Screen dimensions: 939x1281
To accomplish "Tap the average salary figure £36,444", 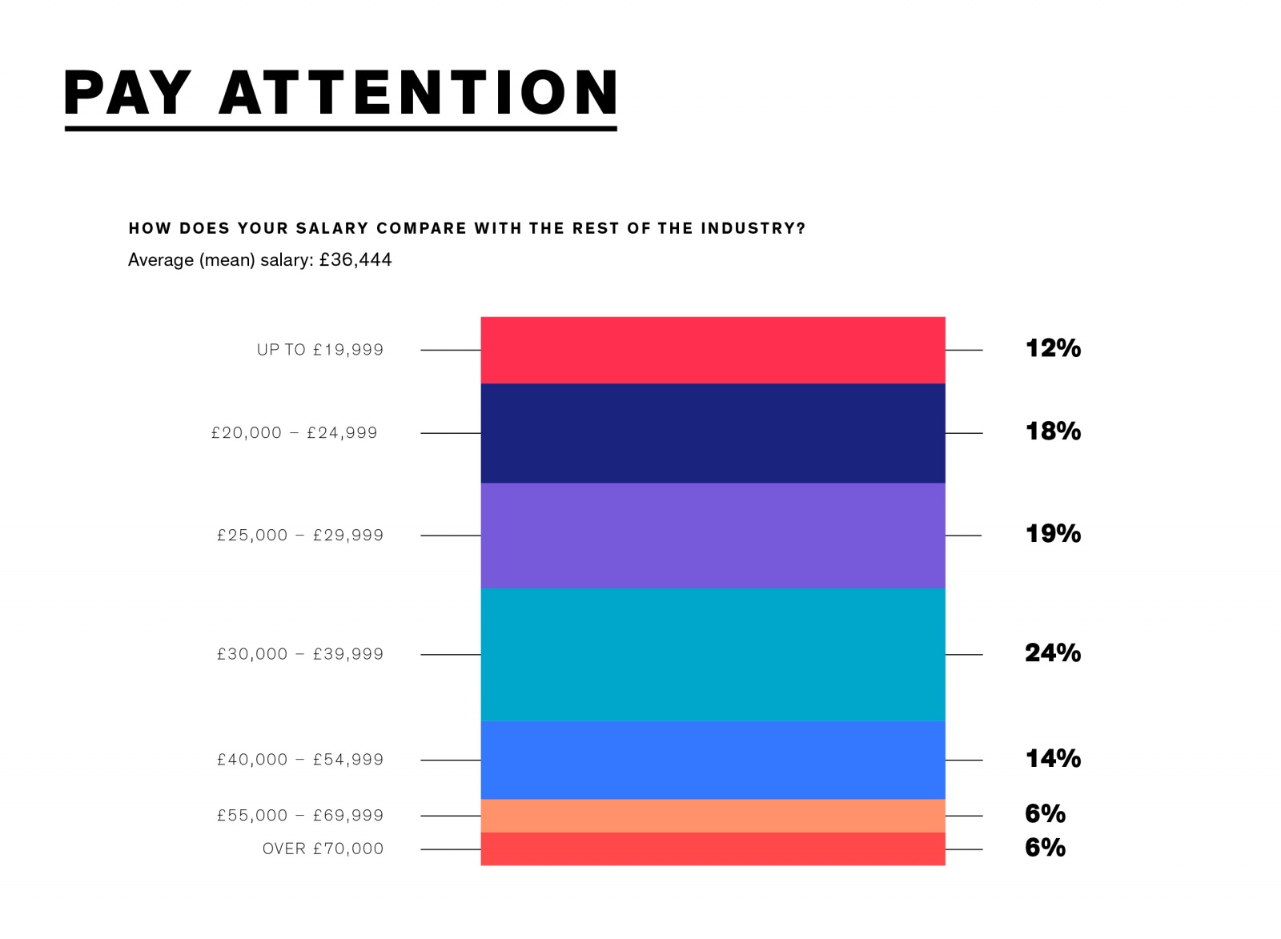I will pyautogui.click(x=355, y=260).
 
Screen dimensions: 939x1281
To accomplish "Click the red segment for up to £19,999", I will pyautogui.click(x=713, y=350).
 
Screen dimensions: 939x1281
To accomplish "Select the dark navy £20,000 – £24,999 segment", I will pyautogui.click(x=713, y=433).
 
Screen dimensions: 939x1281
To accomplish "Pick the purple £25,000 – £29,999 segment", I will pyautogui.click(x=713, y=535).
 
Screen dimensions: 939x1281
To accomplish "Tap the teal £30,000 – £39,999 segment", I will pyautogui.click(x=713, y=654).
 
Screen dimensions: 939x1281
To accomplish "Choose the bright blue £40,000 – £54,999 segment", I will pyautogui.click(x=713, y=760).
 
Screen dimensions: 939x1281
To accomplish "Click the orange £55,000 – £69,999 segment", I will pyautogui.click(x=713, y=816).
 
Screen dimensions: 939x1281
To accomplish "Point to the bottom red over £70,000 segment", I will pyautogui.click(x=713, y=849).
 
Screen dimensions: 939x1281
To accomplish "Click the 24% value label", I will pyautogui.click(x=1053, y=653).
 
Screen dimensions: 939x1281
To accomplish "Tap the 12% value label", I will pyautogui.click(x=1053, y=348).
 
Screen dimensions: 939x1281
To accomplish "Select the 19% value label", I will pyautogui.click(x=1053, y=534).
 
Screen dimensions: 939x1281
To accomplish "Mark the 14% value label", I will pyautogui.click(x=1053, y=758).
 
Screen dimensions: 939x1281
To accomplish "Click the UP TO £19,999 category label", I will pyautogui.click(x=319, y=350).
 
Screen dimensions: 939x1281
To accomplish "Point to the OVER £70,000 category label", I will pyautogui.click(x=323, y=849).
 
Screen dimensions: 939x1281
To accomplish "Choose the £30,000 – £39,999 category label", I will pyautogui.click(x=299, y=654).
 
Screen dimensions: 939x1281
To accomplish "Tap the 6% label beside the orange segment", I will pyautogui.click(x=1045, y=814).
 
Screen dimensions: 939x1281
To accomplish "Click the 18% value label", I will pyautogui.click(x=1053, y=431).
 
